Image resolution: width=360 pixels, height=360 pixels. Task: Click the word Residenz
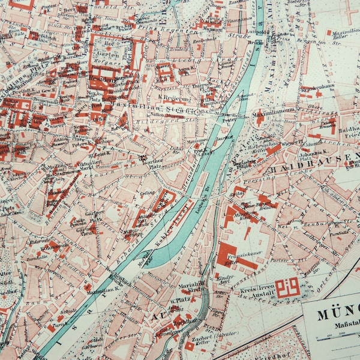tap(102, 79)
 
